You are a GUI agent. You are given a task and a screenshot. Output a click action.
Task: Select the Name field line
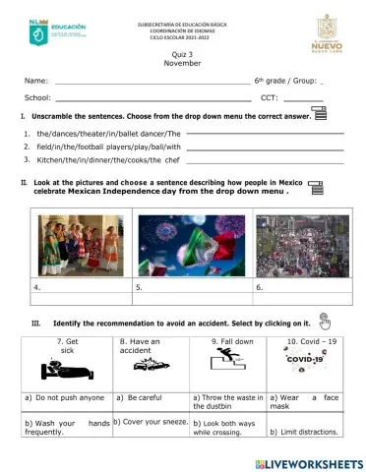[x=152, y=84]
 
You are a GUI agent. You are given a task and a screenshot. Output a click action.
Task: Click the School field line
[x=152, y=99]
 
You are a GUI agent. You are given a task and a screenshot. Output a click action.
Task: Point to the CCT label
[x=269, y=98]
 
